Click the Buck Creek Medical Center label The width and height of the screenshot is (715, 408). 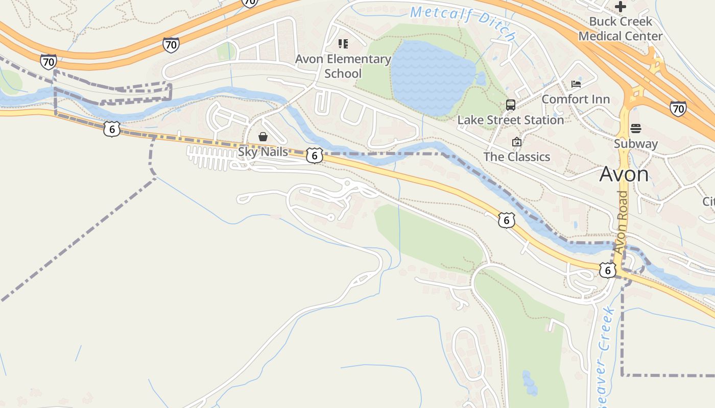(x=620, y=29)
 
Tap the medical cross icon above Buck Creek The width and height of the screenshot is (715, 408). (x=621, y=7)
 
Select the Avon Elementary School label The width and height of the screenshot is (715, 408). (x=343, y=66)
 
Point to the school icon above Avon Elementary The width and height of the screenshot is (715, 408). (x=343, y=44)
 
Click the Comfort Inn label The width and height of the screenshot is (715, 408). (x=576, y=99)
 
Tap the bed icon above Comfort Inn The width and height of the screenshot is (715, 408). (x=576, y=84)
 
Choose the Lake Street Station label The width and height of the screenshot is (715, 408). (x=510, y=120)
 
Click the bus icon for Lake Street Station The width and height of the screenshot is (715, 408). (x=510, y=105)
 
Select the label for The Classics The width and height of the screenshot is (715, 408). (x=517, y=157)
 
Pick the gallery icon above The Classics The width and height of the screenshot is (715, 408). (x=516, y=142)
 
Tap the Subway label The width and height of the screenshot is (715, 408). (x=635, y=143)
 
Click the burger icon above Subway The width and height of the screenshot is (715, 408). (x=635, y=128)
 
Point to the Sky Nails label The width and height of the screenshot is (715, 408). (x=263, y=151)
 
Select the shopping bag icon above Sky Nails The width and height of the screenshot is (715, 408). (x=263, y=137)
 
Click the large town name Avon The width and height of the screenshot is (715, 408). (x=624, y=174)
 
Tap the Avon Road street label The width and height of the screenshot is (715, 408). (x=622, y=223)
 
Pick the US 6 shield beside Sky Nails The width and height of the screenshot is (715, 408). (x=315, y=156)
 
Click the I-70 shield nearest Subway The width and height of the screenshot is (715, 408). (x=678, y=109)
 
